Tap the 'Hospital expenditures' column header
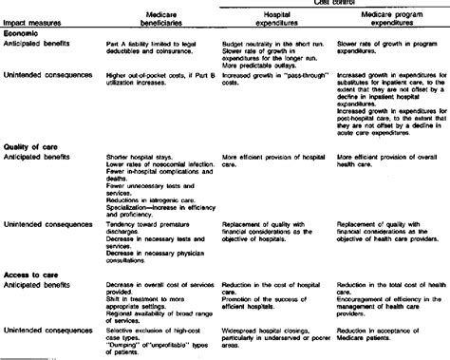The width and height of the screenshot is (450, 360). [x=258, y=28]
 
